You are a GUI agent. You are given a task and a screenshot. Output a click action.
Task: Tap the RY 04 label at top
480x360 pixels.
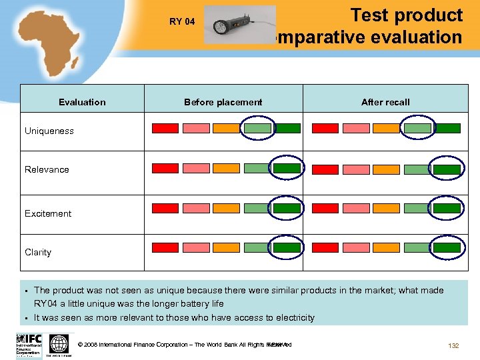click(182, 21)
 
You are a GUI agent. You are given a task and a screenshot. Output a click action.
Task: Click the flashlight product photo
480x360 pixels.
click(239, 25)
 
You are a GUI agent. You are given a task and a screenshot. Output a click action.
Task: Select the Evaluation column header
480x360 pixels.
click(82, 102)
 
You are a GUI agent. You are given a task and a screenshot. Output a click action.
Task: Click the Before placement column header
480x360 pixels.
click(223, 102)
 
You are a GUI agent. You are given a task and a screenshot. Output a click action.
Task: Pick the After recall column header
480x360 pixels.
click(385, 102)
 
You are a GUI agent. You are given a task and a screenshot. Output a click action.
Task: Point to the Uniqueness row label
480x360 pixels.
click(49, 131)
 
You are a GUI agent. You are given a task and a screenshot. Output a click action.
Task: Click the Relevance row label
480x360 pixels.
click(47, 169)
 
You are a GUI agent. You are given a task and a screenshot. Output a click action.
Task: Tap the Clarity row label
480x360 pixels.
click(38, 252)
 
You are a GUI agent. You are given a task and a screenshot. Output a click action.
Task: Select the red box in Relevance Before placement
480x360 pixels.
click(165, 169)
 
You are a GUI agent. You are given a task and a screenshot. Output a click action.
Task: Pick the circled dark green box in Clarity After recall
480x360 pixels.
click(447, 248)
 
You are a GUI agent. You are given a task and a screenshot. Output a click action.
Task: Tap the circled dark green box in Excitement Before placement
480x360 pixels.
click(287, 208)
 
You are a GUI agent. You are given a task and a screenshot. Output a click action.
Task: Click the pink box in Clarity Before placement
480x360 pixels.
click(196, 248)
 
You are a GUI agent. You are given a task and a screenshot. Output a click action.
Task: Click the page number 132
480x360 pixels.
click(453, 345)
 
